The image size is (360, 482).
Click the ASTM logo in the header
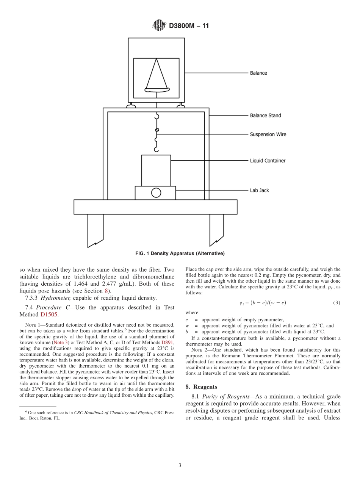159,25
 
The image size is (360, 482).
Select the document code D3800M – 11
189,26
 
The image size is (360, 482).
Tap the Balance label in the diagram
258,73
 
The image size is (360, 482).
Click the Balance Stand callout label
265,115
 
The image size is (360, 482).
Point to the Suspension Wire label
268,134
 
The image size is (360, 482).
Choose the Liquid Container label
268,161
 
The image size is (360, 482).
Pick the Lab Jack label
259,190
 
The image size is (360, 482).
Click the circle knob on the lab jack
156,193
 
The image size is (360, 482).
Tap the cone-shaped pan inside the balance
157,76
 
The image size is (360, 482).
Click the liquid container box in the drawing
156,170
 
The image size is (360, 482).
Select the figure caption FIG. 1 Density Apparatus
180,253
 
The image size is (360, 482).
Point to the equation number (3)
336,303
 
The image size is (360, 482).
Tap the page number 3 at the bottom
180,465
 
